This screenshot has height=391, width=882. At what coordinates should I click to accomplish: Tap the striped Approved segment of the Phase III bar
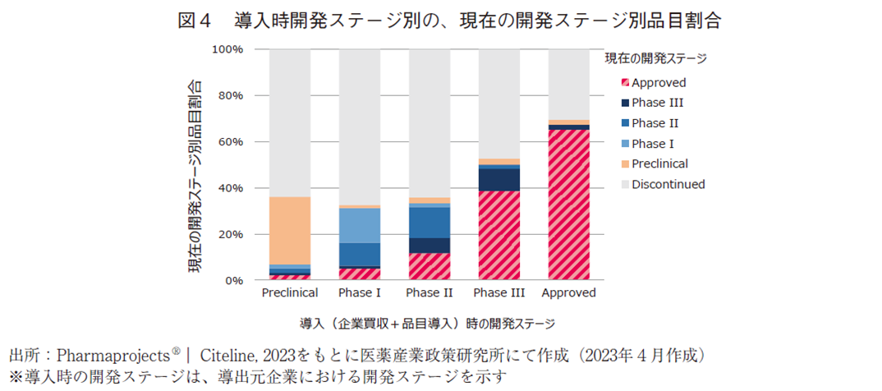498,235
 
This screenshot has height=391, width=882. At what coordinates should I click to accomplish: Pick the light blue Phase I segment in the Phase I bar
359,225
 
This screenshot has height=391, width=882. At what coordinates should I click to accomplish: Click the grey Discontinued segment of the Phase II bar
429,123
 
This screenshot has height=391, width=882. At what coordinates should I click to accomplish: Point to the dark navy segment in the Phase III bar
498,179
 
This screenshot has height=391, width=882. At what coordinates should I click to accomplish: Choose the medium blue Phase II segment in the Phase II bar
429,222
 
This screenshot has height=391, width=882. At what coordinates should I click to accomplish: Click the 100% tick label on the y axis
227,49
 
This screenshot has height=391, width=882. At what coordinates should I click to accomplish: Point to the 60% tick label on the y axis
231,142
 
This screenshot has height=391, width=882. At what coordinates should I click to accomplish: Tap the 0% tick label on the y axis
234,280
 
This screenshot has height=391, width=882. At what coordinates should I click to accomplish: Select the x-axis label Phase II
429,293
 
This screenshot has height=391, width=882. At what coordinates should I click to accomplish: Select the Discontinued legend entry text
668,184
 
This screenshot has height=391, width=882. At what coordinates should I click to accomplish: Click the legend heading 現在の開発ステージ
655,58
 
